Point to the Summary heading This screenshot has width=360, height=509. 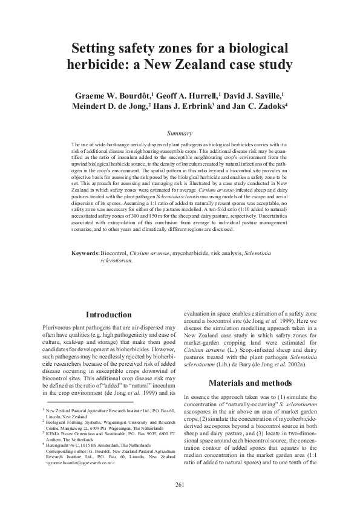click(180, 133)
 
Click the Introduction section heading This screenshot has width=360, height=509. click(108, 315)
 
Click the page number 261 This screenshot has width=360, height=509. click(180, 485)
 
